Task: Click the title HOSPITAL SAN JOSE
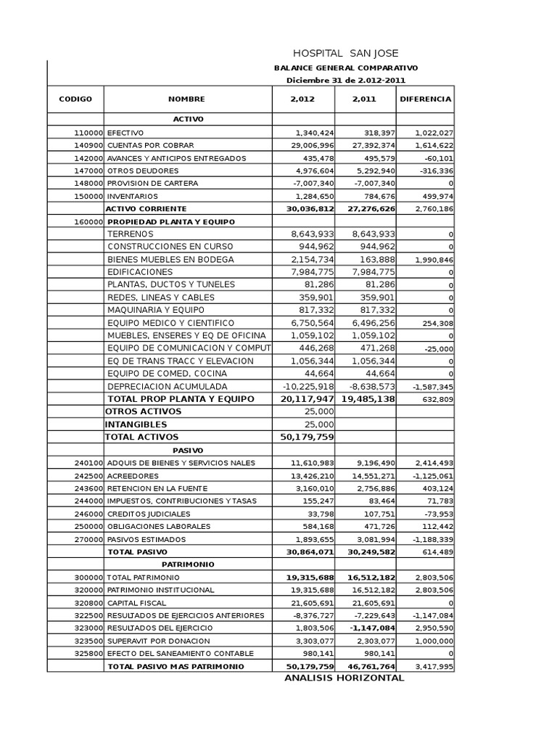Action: pyautogui.click(x=345, y=54)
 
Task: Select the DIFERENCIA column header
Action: pyautogui.click(x=425, y=99)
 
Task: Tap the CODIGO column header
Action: pyautogui.click(x=75, y=99)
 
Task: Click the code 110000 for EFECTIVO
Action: pyautogui.click(x=88, y=133)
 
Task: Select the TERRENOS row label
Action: pyautogui.click(x=131, y=234)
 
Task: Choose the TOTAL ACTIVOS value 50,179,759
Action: pyautogui.click(x=306, y=438)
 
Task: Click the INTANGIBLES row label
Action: pyautogui.click(x=136, y=424)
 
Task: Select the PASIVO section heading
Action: pyautogui.click(x=188, y=450)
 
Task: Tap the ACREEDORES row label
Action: pyautogui.click(x=133, y=475)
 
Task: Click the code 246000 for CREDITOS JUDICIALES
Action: pyautogui.click(x=88, y=513)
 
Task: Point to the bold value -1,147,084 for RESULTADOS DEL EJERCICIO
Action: pyautogui.click(x=370, y=628)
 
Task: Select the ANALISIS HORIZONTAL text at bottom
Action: pyautogui.click(x=344, y=678)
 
